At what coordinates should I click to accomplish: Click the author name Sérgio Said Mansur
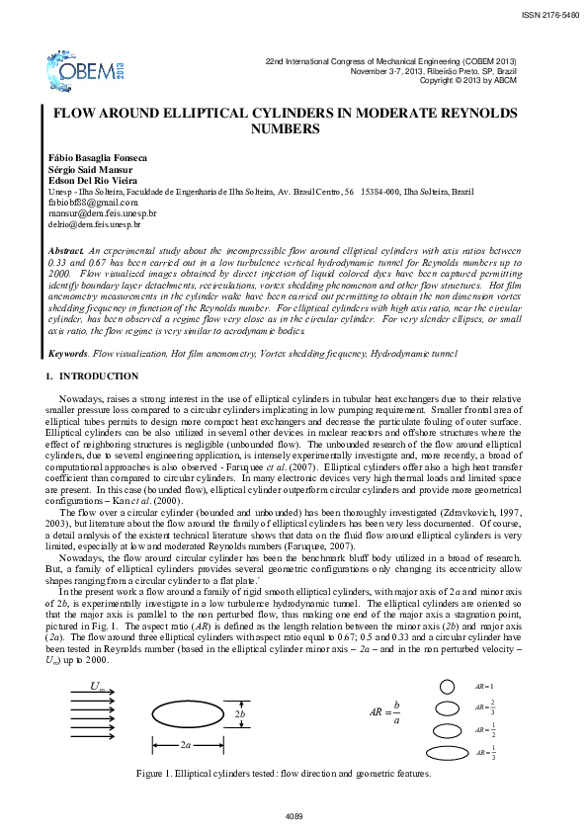pos(98,169)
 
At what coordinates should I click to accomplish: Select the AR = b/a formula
pos(386,710)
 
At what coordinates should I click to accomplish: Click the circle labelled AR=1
pos(447,687)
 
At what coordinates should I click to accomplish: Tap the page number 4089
pos(294,816)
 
